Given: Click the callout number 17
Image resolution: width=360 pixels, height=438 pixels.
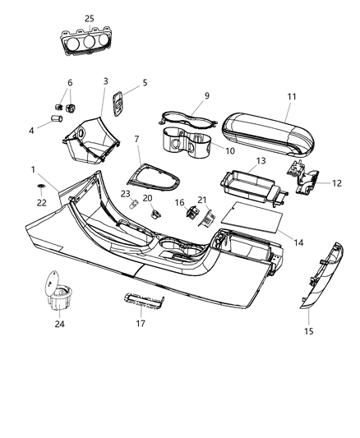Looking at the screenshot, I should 141,323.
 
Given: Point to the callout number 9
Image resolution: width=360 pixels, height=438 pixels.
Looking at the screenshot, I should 207,95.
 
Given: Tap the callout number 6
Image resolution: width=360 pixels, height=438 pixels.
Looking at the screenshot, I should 70,83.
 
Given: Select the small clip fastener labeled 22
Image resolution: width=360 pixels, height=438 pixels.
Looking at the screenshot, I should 40,188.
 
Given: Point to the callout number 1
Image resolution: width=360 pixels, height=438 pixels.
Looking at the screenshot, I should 33,169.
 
